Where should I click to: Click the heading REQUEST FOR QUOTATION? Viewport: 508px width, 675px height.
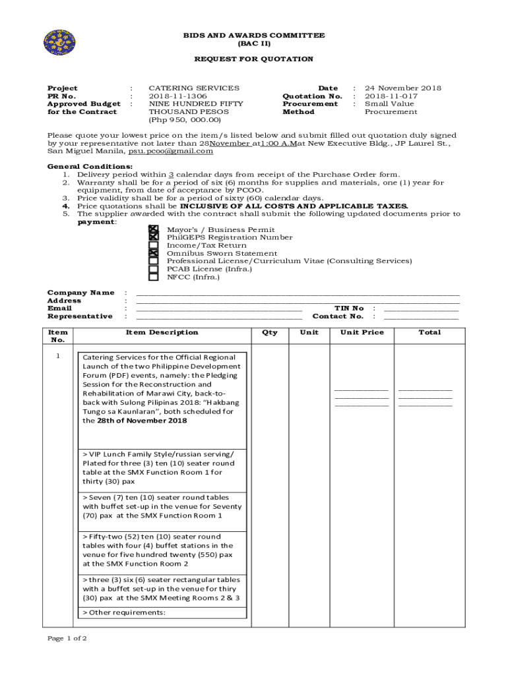click(x=254, y=59)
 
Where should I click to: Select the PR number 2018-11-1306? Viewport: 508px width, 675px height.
click(x=177, y=96)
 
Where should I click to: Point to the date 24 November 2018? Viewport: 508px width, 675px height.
click(x=403, y=88)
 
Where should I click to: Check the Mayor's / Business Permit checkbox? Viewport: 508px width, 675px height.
click(x=154, y=229)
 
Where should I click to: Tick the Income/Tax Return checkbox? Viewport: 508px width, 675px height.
click(x=154, y=245)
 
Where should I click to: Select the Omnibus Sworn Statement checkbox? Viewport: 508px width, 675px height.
click(x=154, y=253)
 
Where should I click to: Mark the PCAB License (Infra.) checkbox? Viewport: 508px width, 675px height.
click(x=154, y=269)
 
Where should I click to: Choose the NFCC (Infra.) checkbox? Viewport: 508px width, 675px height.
click(x=154, y=278)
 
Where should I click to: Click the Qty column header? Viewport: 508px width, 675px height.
click(x=270, y=332)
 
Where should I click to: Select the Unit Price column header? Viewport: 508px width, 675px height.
click(x=362, y=332)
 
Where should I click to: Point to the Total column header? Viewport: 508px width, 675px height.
click(x=429, y=332)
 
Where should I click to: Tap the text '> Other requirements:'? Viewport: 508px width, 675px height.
click(x=123, y=612)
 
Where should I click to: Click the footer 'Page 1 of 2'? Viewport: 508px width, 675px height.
click(x=67, y=639)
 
